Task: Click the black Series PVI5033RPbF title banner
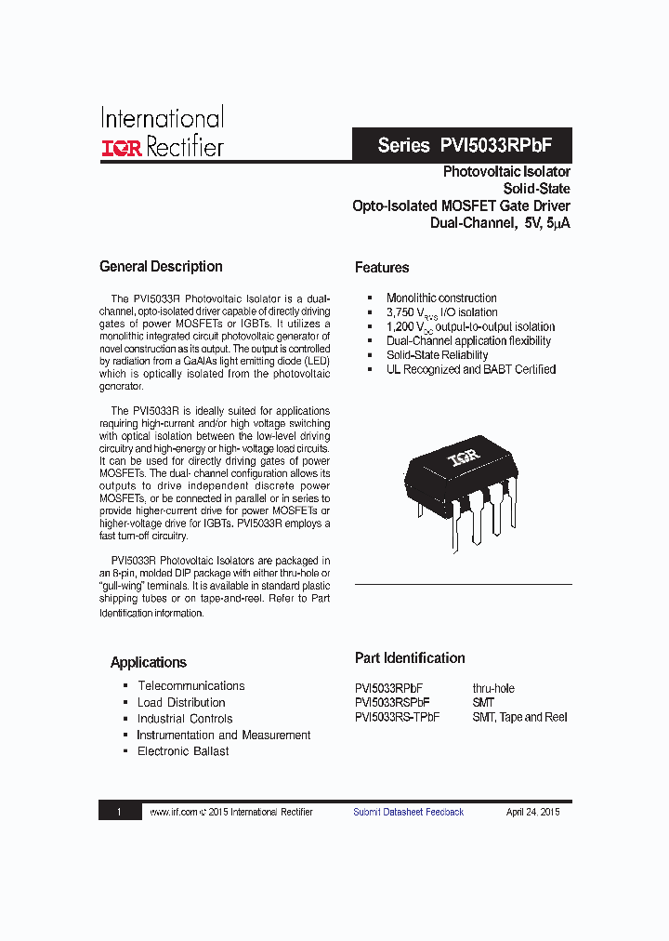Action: point(462,146)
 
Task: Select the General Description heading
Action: point(161,267)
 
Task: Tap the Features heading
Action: point(382,268)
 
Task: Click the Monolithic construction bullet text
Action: point(441,298)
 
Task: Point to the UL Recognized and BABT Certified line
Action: point(471,369)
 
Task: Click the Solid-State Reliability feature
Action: point(437,355)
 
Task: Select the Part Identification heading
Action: point(410,658)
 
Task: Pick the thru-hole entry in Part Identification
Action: point(492,689)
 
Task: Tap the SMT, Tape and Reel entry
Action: point(519,717)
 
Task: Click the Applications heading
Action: point(149,663)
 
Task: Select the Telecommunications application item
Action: point(191,686)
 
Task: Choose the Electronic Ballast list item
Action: point(183,751)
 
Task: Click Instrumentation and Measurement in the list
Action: point(224,736)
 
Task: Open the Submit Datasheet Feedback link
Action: point(408,812)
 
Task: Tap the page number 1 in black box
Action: point(119,812)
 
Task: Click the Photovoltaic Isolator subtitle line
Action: point(506,172)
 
